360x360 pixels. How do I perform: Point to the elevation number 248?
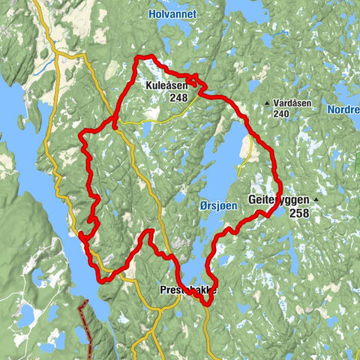pos(178,97)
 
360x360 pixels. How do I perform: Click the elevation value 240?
pos(281,114)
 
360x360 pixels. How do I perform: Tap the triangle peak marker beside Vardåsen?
pos(267,103)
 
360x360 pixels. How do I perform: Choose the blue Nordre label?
pos(343,109)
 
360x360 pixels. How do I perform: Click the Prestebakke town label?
pos(188,289)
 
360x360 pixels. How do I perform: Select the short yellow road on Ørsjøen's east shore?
pos(245,153)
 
